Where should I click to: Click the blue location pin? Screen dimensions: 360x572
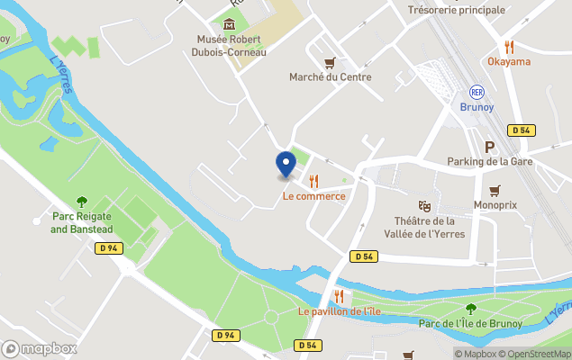point(286,164)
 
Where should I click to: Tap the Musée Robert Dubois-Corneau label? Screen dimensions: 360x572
point(230,45)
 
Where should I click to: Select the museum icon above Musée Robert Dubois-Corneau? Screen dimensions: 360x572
point(230,23)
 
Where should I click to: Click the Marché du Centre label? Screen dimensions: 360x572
point(330,77)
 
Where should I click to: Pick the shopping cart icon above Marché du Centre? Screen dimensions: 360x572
point(330,62)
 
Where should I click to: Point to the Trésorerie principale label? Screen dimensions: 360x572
point(456,10)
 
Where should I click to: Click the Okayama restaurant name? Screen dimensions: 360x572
point(509,61)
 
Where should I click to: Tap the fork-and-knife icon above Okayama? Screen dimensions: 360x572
point(509,47)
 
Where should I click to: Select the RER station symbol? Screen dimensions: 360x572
point(477,92)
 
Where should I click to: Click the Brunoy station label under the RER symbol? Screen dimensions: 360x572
point(477,106)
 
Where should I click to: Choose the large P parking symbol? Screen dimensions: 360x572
point(490,147)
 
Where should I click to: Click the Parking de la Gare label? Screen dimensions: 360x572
point(490,162)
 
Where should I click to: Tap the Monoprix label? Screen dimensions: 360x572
point(495,205)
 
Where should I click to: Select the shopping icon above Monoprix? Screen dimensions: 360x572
point(495,190)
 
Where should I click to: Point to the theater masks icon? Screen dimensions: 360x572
point(424,206)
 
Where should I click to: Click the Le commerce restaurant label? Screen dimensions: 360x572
point(313,196)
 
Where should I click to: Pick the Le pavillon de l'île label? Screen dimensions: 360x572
point(340,311)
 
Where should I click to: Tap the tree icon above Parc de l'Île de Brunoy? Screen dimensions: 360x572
point(470,309)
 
